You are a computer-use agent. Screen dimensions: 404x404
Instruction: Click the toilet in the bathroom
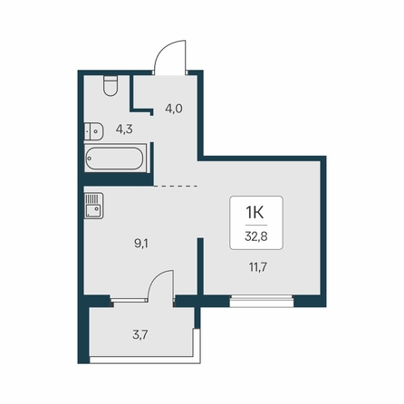click(111, 86)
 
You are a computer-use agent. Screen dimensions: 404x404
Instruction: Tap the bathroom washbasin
click(93, 131)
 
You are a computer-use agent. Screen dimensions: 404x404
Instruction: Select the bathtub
click(115, 159)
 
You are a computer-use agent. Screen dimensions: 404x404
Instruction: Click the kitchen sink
click(93, 206)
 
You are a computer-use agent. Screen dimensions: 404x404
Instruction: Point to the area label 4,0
click(174, 108)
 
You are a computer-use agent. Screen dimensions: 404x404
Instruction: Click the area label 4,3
click(124, 130)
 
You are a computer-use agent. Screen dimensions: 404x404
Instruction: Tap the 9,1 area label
click(141, 244)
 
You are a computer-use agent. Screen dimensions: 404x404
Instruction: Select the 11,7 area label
click(257, 267)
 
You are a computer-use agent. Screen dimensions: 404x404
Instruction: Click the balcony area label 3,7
click(140, 335)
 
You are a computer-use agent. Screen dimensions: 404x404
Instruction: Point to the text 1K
click(255, 212)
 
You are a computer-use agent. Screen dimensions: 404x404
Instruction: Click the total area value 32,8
click(256, 236)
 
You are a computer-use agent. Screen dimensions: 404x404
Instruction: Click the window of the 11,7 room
click(262, 301)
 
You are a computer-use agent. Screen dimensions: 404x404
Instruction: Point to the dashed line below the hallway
click(176, 186)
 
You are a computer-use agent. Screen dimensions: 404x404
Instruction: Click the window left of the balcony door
click(129, 300)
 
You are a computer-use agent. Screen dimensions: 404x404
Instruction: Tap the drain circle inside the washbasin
click(96, 131)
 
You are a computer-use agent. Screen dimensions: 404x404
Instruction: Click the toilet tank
click(111, 79)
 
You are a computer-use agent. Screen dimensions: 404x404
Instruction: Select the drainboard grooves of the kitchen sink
click(92, 198)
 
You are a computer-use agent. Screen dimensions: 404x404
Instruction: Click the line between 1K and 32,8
click(256, 225)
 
